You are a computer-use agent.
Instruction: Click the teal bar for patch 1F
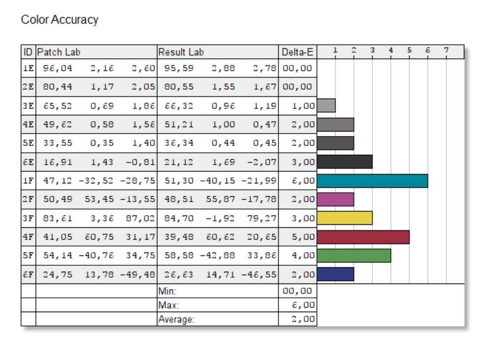click(372, 181)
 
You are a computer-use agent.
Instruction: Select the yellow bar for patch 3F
click(345, 218)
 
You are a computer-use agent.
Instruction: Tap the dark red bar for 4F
click(363, 237)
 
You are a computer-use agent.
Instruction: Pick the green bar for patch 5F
click(354, 255)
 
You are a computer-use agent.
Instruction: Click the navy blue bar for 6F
click(335, 274)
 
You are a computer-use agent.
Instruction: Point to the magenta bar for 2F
click(335, 199)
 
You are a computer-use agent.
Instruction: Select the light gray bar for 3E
click(326, 105)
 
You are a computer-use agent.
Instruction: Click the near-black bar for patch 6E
click(345, 162)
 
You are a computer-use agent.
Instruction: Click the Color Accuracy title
click(60, 20)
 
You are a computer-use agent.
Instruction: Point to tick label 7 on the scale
click(446, 50)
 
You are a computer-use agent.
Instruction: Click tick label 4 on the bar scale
click(390, 50)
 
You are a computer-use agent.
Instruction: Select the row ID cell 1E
click(28, 68)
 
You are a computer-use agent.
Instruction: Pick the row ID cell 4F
click(28, 237)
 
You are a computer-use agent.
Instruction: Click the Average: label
click(177, 319)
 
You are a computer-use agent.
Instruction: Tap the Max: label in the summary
click(168, 305)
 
